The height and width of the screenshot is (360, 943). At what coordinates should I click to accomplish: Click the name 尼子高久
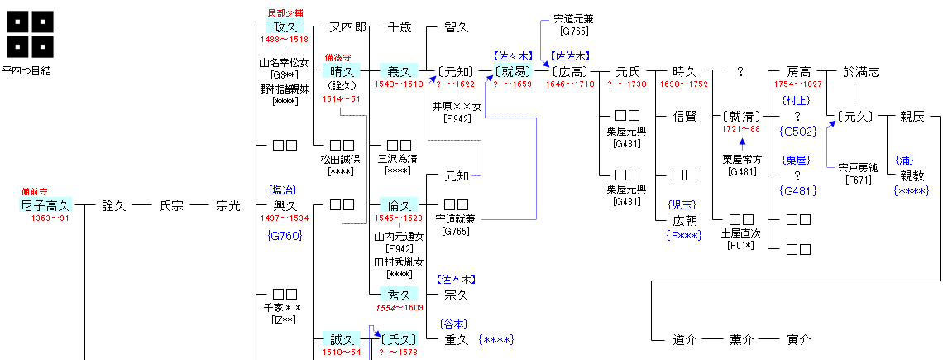[45, 205]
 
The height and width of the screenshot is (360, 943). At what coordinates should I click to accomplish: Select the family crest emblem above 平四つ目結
[31, 34]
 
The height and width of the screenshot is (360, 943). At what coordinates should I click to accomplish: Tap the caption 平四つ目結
[26, 71]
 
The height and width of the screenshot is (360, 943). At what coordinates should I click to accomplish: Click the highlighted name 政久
[284, 27]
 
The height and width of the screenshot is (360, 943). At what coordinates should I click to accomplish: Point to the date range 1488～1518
[284, 40]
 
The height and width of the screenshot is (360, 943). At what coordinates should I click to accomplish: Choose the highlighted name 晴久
[342, 72]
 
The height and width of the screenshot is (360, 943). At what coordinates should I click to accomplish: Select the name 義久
[400, 72]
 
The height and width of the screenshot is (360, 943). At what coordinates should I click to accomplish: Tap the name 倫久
[400, 204]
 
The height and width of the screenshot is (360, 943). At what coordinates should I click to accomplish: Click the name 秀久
[400, 295]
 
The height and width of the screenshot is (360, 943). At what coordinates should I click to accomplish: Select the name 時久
[684, 72]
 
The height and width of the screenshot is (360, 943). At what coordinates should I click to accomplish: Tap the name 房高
[798, 72]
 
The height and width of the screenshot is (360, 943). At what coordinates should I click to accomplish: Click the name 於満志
[861, 72]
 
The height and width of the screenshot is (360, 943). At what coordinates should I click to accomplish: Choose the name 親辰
[912, 117]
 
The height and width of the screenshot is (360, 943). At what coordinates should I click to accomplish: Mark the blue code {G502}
[798, 131]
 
